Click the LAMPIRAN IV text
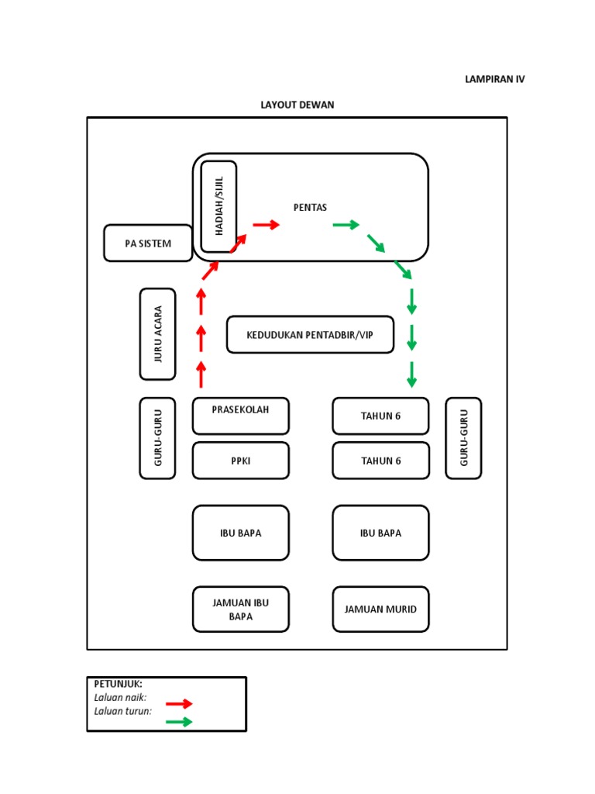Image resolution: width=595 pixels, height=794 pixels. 494,79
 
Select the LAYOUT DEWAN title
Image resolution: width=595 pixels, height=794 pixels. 297,105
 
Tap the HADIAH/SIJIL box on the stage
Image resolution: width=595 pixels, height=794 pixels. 218,206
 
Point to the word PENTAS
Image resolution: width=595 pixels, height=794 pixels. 310,207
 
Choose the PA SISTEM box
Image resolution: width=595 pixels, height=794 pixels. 148,243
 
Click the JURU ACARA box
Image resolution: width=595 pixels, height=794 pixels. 158,334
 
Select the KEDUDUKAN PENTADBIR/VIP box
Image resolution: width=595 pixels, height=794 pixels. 310,335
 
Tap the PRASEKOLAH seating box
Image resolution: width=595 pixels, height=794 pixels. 241,416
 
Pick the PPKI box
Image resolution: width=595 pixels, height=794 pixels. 241,461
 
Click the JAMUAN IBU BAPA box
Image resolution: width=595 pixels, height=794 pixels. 241,609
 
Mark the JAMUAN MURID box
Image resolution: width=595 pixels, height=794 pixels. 380,609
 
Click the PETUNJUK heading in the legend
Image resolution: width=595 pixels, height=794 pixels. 118,684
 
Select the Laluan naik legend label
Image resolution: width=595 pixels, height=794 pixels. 120,697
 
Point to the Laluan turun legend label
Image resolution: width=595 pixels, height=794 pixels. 122,710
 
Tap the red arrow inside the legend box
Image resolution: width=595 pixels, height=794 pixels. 179,703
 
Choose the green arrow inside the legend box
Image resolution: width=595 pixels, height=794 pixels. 179,722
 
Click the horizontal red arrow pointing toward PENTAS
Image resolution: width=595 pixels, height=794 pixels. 266,225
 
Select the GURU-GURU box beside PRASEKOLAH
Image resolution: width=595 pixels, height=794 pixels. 158,438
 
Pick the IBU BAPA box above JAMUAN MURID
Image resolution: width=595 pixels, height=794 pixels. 380,533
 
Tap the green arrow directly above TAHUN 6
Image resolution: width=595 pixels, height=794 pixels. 411,375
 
